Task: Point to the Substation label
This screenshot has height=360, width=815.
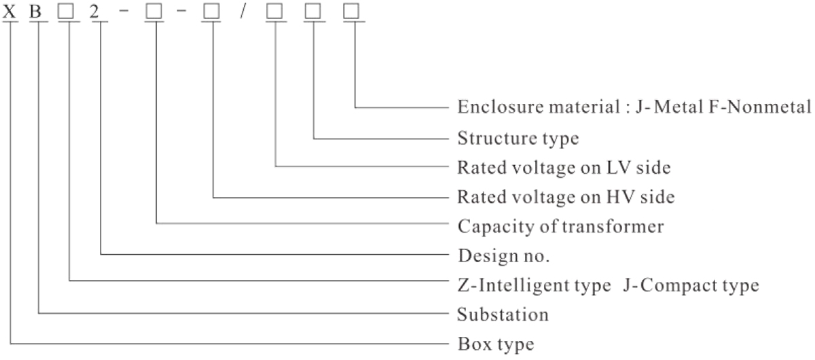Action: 503,315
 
